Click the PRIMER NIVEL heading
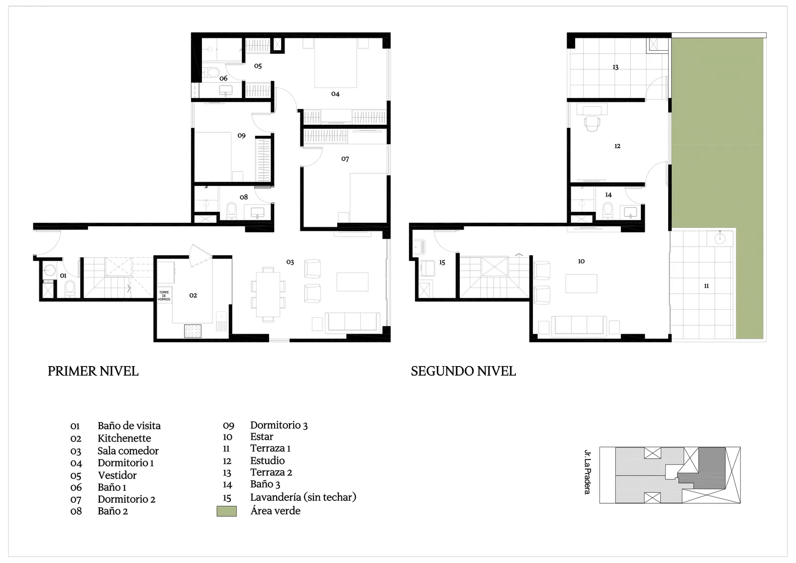(93, 371)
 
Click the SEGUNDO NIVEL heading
(463, 371)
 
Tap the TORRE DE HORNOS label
(164, 296)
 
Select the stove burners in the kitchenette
(193, 331)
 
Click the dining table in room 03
(268, 294)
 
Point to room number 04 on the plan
(335, 94)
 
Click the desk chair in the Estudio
(592, 123)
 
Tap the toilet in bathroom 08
(231, 211)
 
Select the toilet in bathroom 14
(607, 211)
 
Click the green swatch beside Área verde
(227, 511)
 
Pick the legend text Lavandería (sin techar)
(303, 497)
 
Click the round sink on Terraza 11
(720, 238)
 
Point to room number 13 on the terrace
(615, 67)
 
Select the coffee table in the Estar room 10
(582, 283)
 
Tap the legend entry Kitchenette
(124, 438)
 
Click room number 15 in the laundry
(442, 263)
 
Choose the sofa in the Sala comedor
(353, 322)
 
